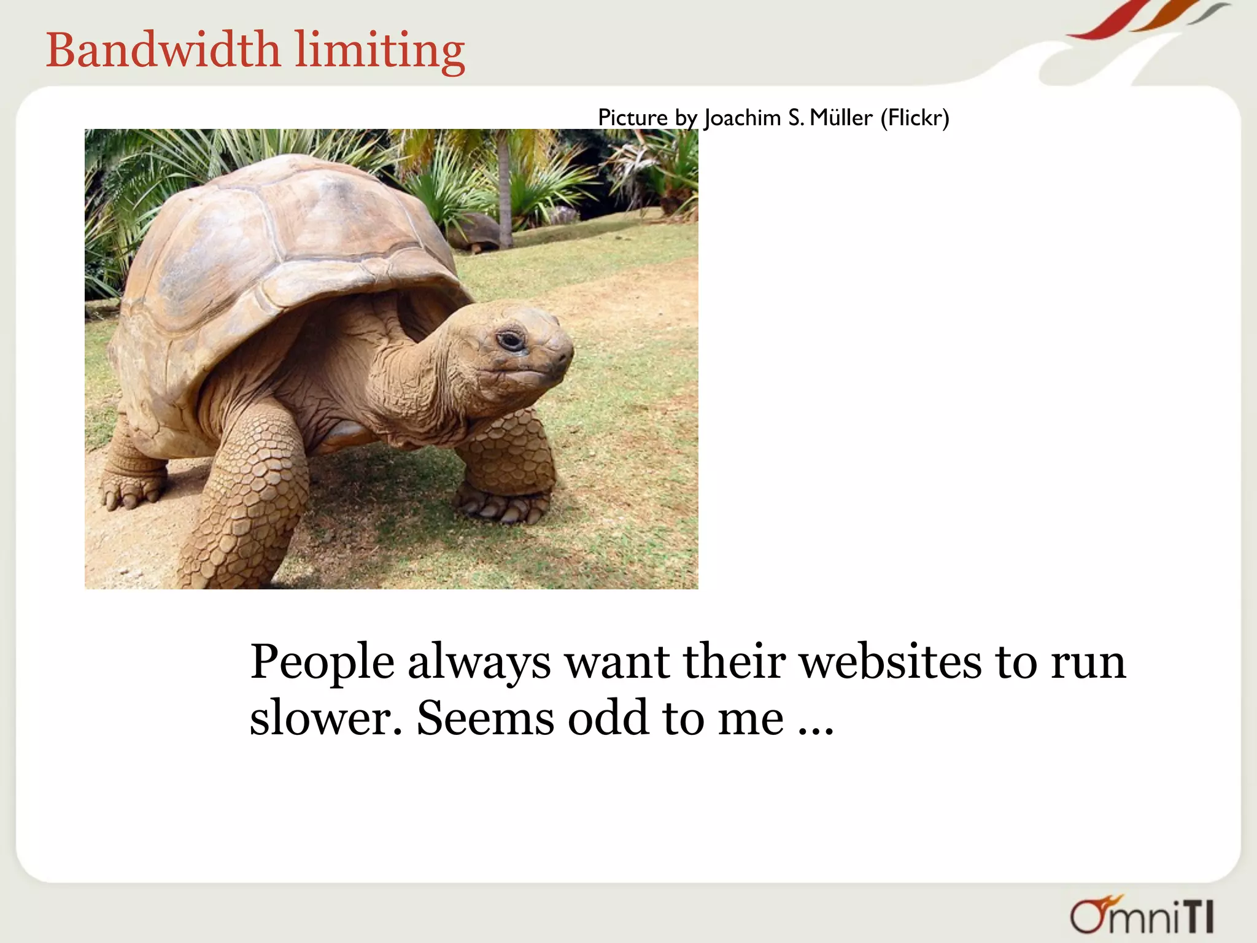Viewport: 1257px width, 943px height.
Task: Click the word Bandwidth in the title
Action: (163, 50)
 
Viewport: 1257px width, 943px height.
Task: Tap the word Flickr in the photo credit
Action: (915, 117)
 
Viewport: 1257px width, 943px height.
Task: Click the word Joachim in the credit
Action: (742, 117)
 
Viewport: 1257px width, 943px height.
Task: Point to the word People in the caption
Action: (322, 663)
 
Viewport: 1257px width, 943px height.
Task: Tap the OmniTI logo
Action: (1142, 915)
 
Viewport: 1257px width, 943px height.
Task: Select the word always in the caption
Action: (479, 663)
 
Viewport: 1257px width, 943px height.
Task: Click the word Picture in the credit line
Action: (632, 117)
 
